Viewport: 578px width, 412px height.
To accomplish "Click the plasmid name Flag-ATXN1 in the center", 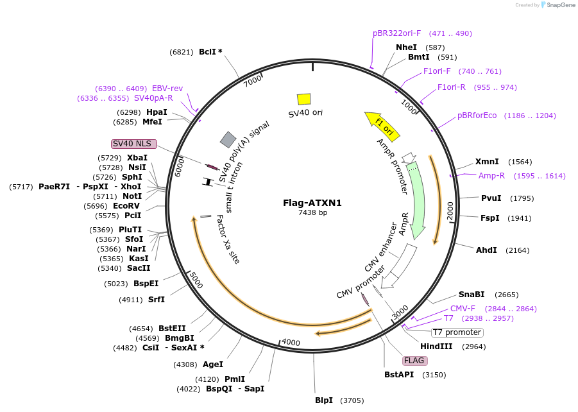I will tap(312, 203).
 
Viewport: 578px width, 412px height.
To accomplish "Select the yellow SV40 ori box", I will tap(304, 99).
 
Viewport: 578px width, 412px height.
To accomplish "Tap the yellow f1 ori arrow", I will tap(382, 125).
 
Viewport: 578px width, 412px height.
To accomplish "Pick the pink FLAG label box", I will tap(414, 360).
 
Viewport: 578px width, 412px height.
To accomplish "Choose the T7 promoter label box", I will tap(457, 332).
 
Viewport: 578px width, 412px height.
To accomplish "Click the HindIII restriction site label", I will tap(436, 347).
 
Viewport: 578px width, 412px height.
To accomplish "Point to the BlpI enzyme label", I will tap(324, 400).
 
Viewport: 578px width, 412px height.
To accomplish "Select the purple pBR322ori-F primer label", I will tap(396, 33).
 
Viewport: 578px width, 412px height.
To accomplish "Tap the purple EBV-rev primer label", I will tap(167, 88).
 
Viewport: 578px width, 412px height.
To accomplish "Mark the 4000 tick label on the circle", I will tap(291, 343).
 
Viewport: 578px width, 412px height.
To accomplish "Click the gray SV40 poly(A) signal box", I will tap(228, 139).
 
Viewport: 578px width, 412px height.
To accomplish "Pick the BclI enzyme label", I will tap(207, 52).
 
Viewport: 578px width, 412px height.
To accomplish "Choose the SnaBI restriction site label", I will tap(471, 295).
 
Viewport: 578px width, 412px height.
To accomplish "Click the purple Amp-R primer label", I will tap(491, 175).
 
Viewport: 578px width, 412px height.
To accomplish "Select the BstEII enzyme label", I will tap(172, 328).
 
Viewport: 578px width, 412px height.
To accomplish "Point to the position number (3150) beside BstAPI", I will tap(434, 375).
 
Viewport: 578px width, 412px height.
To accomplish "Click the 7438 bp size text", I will tap(312, 213).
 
